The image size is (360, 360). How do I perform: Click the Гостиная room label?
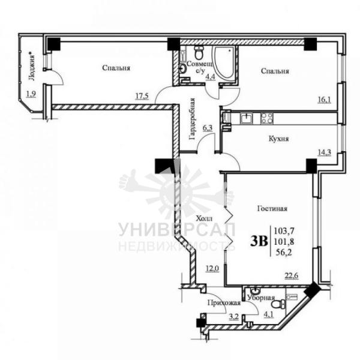coord(272,208)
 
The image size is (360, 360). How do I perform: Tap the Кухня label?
coord(279,139)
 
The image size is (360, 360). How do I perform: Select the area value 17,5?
coord(142,96)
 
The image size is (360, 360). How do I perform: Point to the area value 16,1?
coord(325,100)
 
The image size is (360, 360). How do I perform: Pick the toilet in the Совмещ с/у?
coord(199,52)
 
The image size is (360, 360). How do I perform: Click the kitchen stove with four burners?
coord(266,118)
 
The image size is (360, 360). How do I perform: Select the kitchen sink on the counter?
coord(246,118)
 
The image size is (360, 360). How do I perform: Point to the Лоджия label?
coord(32,67)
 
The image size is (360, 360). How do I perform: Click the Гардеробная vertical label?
coord(192,119)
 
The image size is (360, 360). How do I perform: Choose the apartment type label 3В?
coord(259,241)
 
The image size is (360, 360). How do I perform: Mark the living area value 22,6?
coord(292,275)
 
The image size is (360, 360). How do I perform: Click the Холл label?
coord(204,218)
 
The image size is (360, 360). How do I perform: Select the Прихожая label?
coord(224,303)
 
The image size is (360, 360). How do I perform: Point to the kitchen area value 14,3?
coord(325,152)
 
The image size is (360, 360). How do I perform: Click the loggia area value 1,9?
coord(31,94)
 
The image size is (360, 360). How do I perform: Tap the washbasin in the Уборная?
coord(254,291)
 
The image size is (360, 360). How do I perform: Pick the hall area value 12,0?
coord(212,268)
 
